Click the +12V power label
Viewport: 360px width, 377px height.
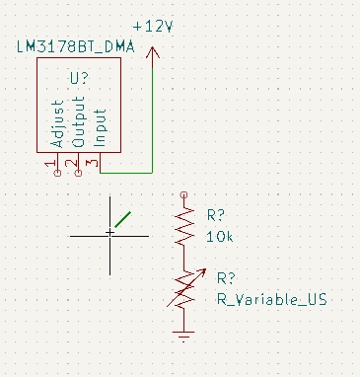pyautogui.click(x=153, y=27)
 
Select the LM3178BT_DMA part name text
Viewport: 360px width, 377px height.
pyautogui.click(x=76, y=47)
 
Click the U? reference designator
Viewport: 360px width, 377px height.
pyautogui.click(x=80, y=78)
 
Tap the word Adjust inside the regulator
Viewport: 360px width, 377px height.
pyautogui.click(x=57, y=124)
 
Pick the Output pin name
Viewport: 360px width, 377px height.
pyautogui.click(x=78, y=121)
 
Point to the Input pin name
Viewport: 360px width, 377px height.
pyautogui.click(x=100, y=127)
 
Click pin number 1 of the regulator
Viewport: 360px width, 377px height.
pyautogui.click(x=50, y=164)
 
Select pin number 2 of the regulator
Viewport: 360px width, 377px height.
pyautogui.click(x=71, y=163)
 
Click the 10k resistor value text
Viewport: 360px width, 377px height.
pyautogui.click(x=220, y=237)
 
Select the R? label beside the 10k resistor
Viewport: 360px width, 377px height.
pyautogui.click(x=216, y=215)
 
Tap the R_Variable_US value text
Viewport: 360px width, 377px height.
pyautogui.click(x=272, y=300)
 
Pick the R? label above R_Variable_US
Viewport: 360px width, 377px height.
pyautogui.click(x=226, y=278)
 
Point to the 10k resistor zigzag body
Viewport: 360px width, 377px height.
pyautogui.click(x=184, y=227)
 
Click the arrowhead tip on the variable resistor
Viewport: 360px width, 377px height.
pyautogui.click(x=206, y=269)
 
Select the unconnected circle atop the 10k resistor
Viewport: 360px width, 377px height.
pyautogui.click(x=184, y=195)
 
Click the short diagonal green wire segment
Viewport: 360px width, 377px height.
pyautogui.click(x=123, y=219)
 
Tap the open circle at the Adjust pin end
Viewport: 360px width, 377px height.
pyautogui.click(x=57, y=173)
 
